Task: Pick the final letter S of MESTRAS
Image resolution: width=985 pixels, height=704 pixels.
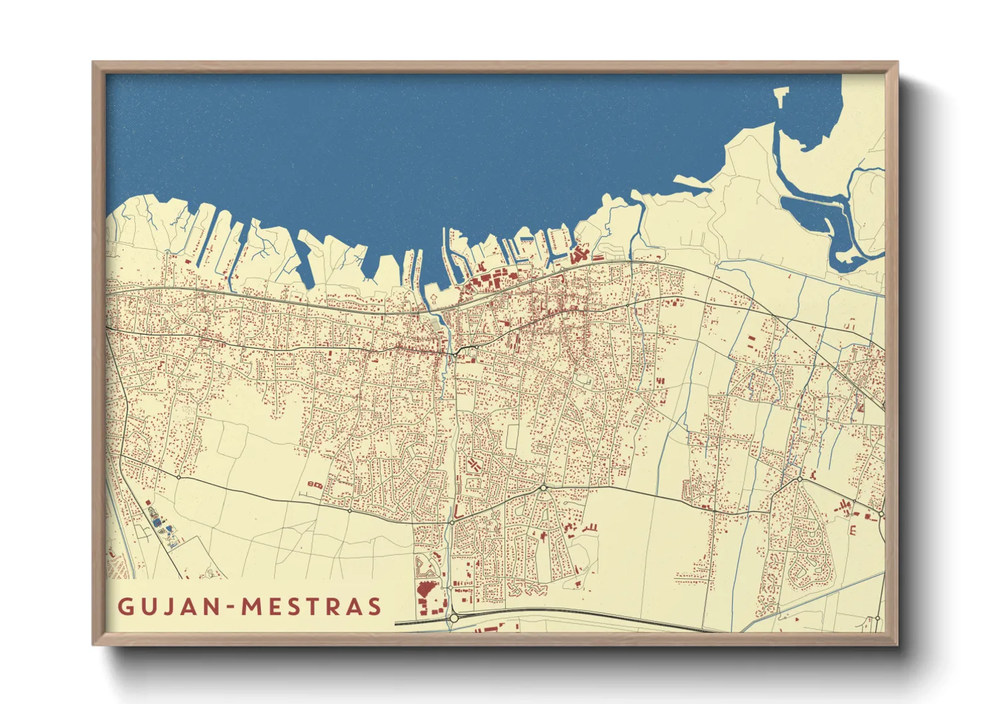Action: [x=375, y=606]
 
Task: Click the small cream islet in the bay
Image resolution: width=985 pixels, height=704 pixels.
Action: [x=780, y=96]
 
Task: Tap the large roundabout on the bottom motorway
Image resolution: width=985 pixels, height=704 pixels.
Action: [x=454, y=618]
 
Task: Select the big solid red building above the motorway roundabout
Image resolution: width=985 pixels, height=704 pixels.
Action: [x=425, y=588]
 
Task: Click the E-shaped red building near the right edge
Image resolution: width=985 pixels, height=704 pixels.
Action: [x=853, y=530]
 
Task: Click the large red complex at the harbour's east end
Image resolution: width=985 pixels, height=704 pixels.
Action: [x=578, y=254]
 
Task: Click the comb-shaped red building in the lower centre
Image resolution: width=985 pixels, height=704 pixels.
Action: [x=588, y=528]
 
